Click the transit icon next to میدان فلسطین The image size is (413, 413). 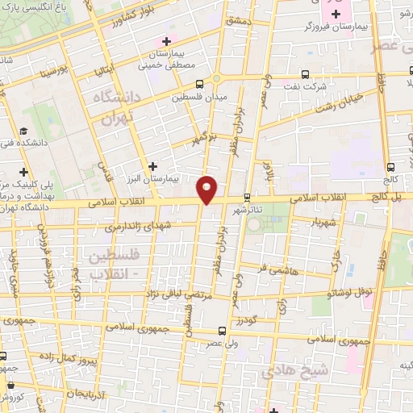[199, 83]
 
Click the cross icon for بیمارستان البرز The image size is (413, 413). [152, 166]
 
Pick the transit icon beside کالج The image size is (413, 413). [391, 157]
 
